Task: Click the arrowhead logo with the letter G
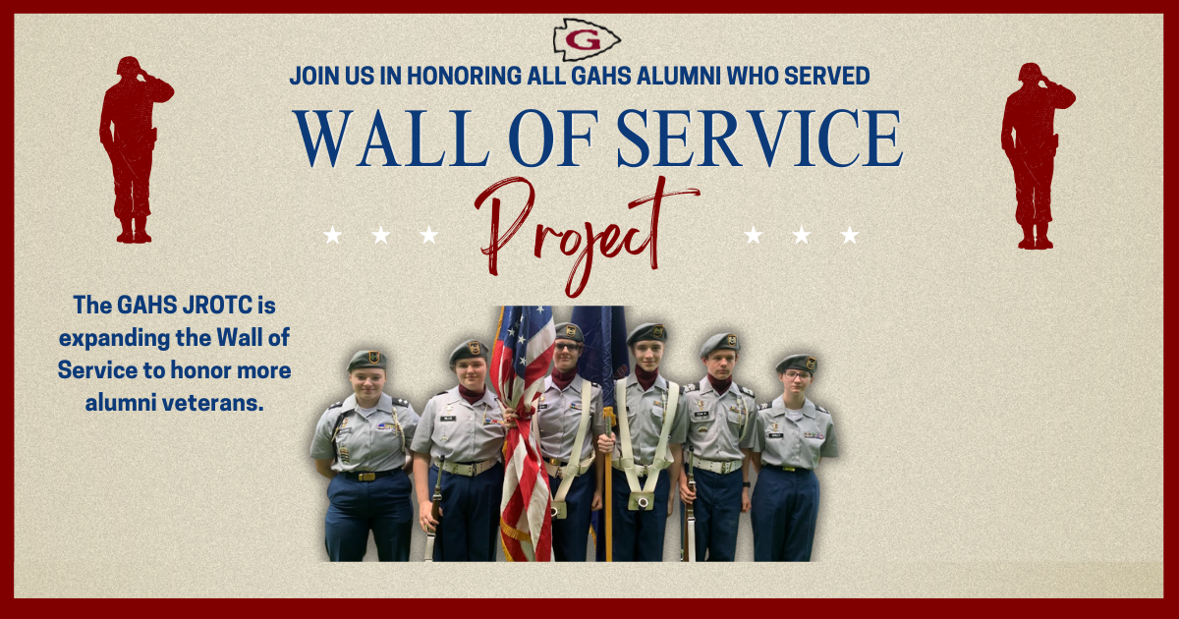(x=587, y=38)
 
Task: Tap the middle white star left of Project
(x=381, y=235)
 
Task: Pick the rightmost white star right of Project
(x=850, y=235)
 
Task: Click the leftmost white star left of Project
(x=333, y=235)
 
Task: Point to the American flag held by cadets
(x=522, y=413)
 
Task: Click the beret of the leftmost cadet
(x=366, y=359)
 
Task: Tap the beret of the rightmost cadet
(x=795, y=363)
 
